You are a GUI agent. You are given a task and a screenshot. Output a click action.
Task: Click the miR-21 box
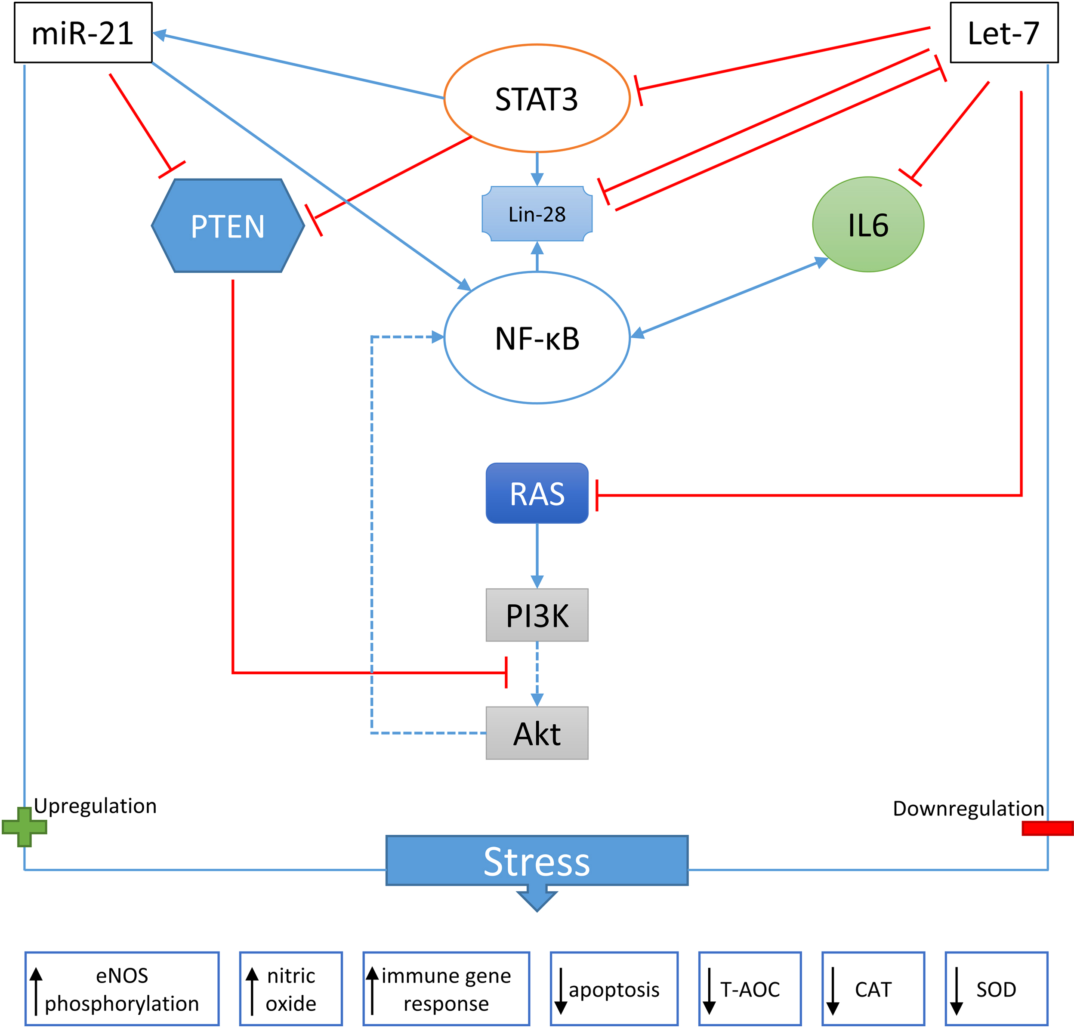tap(83, 33)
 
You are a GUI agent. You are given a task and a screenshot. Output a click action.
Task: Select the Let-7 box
tap(1003, 33)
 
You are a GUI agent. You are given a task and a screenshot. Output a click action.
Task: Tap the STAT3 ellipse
tap(537, 99)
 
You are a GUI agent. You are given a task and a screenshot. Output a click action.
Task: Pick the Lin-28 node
tap(537, 214)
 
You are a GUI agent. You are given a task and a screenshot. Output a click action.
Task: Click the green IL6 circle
tap(868, 225)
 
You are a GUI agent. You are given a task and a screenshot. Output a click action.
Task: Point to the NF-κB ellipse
tap(537, 338)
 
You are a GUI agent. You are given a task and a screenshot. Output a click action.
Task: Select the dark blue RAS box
tap(537, 493)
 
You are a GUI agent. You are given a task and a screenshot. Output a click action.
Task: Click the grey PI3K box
tap(537, 615)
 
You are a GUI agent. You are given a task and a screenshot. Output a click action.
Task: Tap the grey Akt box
tap(537, 733)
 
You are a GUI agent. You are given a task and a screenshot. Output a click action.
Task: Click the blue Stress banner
tap(537, 861)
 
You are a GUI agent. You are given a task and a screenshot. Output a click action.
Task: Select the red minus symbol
tap(1047, 828)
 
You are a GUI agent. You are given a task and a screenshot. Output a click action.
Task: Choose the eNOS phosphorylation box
tap(122, 989)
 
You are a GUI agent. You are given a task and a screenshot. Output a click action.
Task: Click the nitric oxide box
tap(290, 989)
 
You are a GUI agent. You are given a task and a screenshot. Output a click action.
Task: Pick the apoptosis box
tap(614, 989)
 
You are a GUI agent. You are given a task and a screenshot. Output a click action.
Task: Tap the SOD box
tap(996, 989)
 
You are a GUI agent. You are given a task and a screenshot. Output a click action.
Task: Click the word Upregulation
tap(96, 806)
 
